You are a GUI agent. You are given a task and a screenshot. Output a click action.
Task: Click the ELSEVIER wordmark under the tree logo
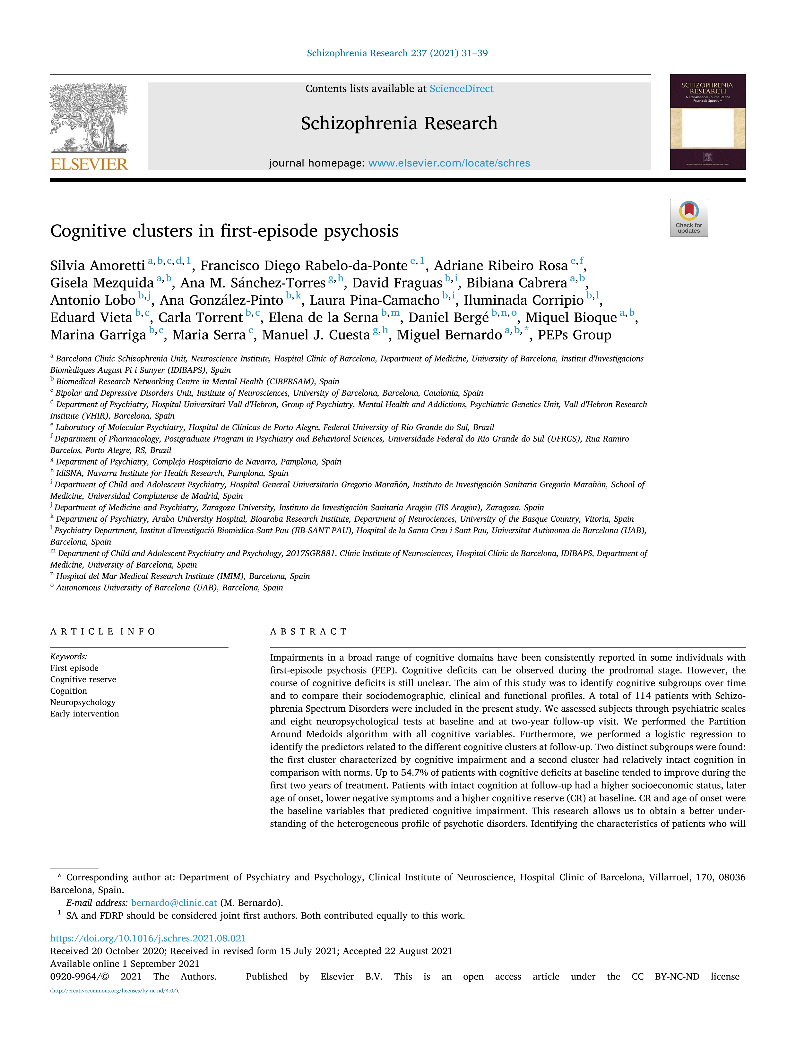click(x=89, y=165)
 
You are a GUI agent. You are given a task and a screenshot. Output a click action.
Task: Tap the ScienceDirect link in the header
click(x=461, y=89)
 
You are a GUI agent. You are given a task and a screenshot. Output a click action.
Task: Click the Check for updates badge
click(x=688, y=218)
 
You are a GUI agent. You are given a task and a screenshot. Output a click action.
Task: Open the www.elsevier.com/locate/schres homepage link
click(x=449, y=163)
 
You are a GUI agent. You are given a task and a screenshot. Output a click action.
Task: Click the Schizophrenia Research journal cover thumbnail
click(x=708, y=122)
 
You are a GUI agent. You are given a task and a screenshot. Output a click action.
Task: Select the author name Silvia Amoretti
click(x=97, y=266)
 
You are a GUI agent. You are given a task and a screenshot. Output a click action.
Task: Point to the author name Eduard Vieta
click(x=91, y=318)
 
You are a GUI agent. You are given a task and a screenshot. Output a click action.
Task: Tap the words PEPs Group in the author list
click(x=574, y=335)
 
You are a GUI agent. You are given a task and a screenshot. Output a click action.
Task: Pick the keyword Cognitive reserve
click(x=83, y=680)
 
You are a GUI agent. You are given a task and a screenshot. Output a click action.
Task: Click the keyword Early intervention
click(x=84, y=714)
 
